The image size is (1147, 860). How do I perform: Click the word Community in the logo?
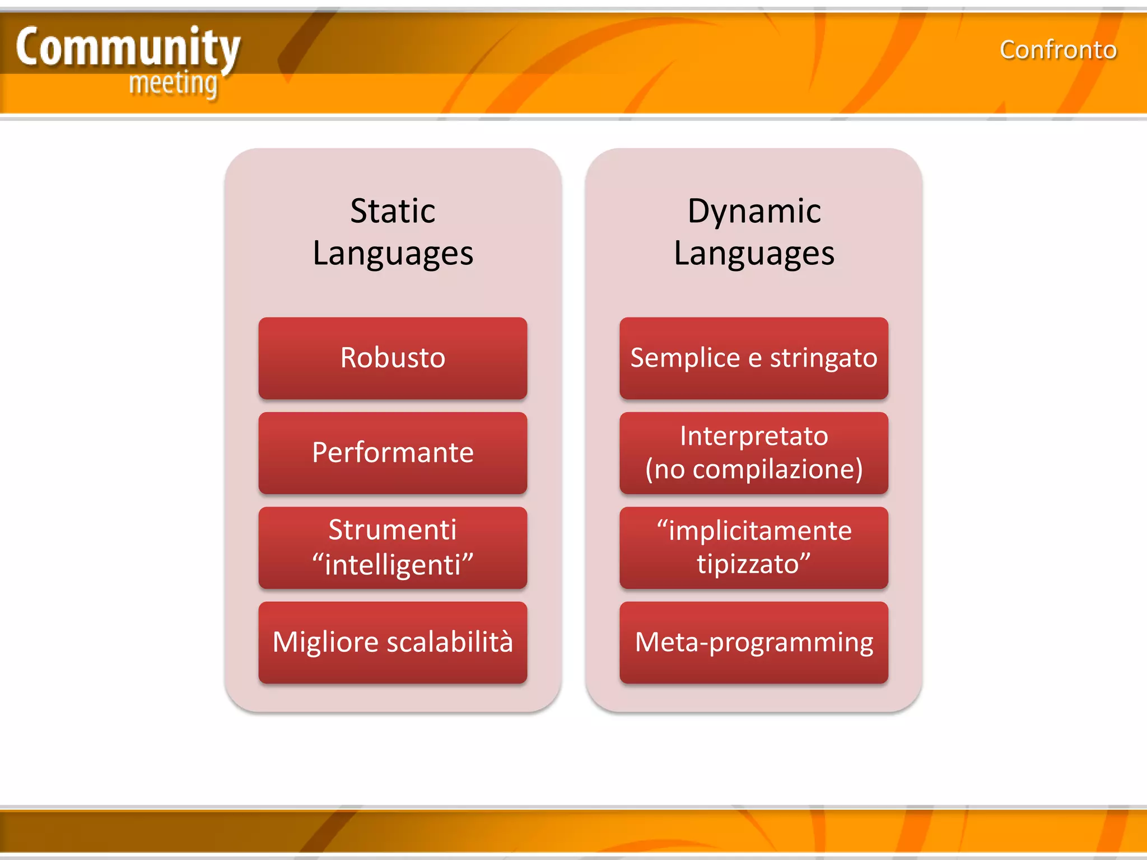pos(128,48)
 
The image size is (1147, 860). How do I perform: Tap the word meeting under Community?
pos(173,84)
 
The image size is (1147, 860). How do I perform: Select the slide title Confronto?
pos(1058,50)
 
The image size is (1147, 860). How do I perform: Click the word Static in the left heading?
pos(393,211)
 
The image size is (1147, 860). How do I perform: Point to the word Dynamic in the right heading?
pos(754,211)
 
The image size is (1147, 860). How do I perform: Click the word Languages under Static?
pos(393,253)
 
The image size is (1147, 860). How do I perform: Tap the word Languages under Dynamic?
pos(754,253)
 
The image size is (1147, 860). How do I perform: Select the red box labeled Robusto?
pos(393,358)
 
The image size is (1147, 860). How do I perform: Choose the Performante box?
pos(393,452)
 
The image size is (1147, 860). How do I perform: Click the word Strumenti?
pos(393,530)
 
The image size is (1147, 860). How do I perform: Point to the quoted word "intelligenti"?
pos(393,564)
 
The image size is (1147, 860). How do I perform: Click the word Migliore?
pos(325,642)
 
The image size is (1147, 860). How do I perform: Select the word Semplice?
pos(684,358)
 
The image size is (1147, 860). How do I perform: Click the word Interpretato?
pos(754,436)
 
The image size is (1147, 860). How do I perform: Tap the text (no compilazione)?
pos(754,469)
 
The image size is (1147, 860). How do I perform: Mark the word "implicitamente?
pos(754,530)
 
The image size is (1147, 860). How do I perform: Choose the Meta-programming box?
pos(754,642)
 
